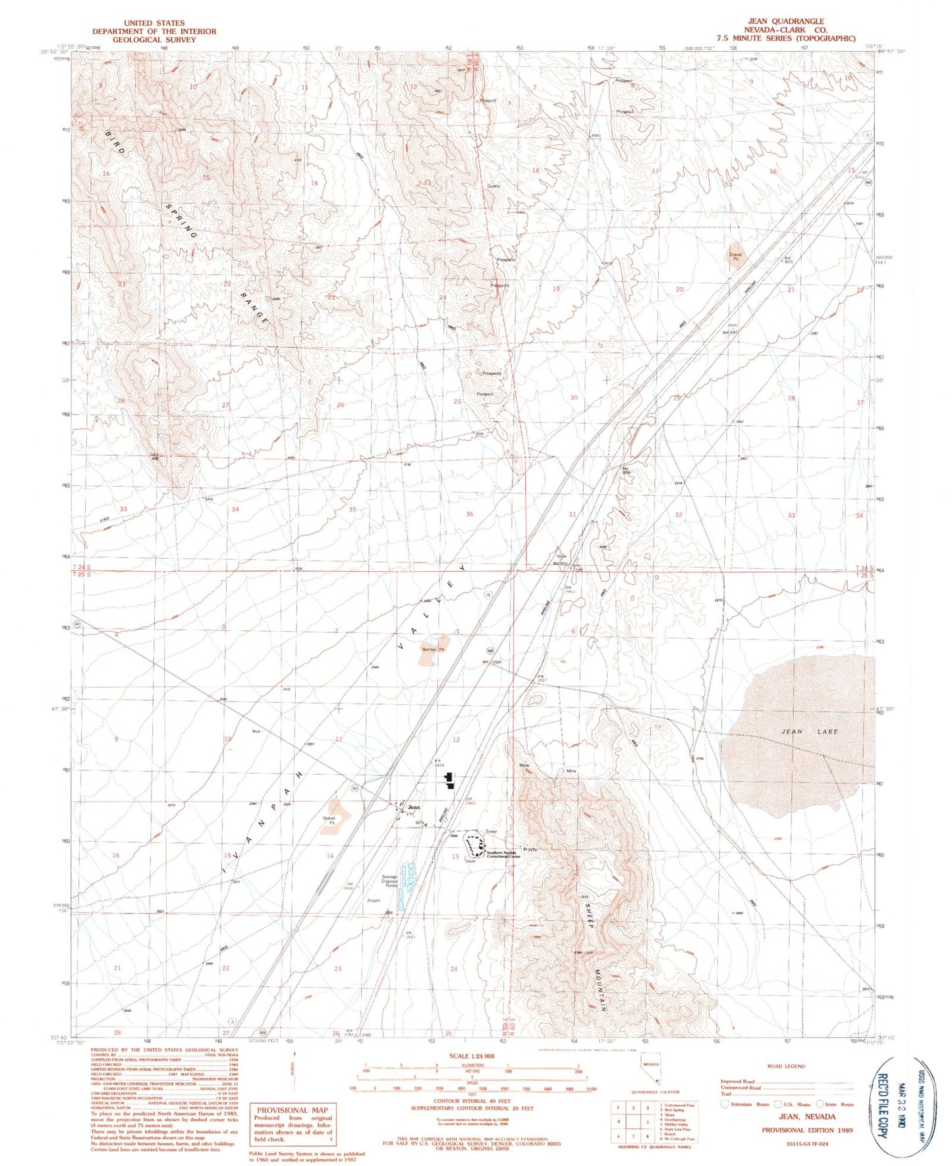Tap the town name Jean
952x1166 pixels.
[x=414, y=807]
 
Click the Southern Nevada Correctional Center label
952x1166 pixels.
[x=504, y=855]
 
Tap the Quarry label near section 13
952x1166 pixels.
[x=493, y=186]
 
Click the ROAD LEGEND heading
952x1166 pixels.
[x=786, y=1066]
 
